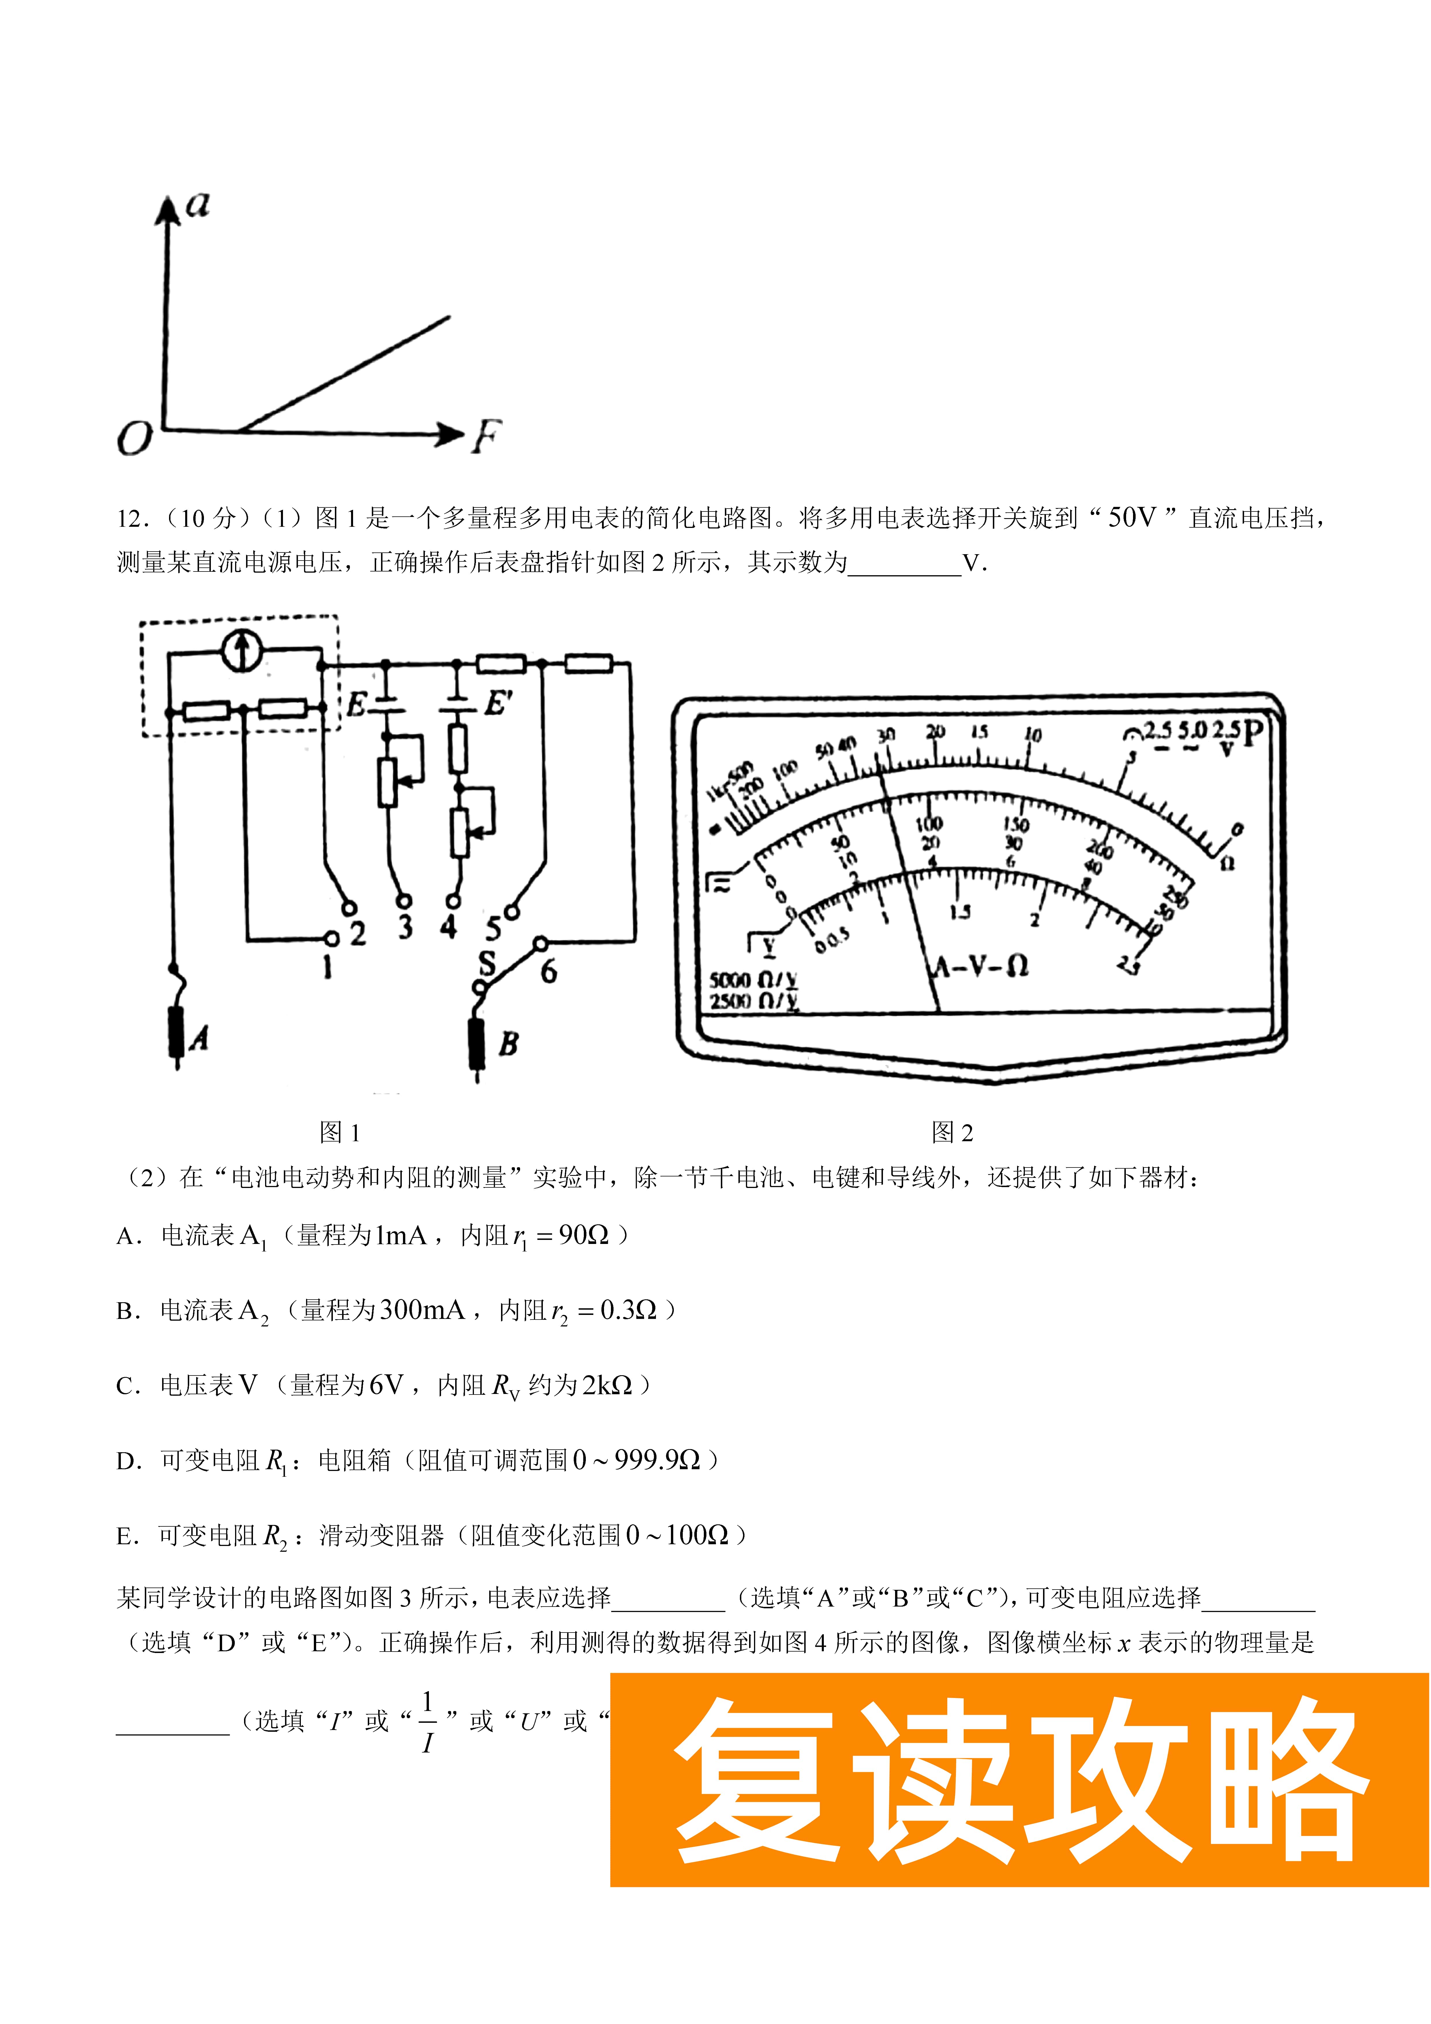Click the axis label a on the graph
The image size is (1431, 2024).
[198, 205]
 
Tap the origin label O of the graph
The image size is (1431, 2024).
[135, 438]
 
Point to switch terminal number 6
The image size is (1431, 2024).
[548, 971]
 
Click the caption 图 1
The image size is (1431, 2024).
[340, 1133]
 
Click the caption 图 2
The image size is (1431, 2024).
[952, 1133]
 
